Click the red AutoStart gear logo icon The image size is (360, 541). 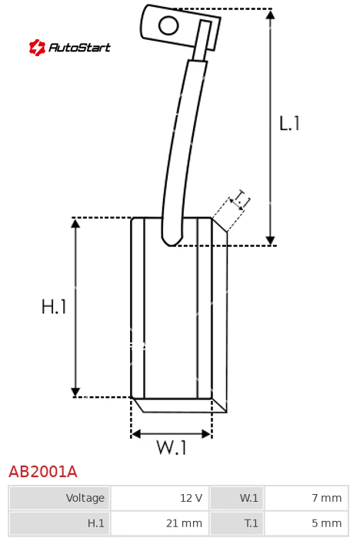pos(37,47)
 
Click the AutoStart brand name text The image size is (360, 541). pos(80,47)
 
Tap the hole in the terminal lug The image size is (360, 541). pos(168,25)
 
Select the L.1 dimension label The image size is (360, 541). pos(289,123)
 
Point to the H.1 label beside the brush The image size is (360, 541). pos(54,306)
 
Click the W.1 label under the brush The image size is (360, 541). pos(172,447)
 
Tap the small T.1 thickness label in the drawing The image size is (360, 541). pos(241,199)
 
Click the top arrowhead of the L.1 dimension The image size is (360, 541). pos(271,15)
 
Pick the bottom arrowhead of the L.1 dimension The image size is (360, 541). pos(271,241)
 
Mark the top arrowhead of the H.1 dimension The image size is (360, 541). pos(75,223)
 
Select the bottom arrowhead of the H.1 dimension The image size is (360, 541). pos(75,392)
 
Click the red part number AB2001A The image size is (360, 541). pos(43,472)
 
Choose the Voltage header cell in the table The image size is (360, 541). pos(60,498)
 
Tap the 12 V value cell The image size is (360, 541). pos(160,498)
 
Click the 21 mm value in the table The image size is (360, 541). pos(160,523)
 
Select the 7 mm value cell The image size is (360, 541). pos(307,498)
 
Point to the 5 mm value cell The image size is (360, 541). pos(307,523)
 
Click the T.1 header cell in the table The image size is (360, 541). pos(237,523)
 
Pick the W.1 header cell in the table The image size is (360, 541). pos(237,498)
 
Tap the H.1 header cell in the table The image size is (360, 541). pos(60,523)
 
